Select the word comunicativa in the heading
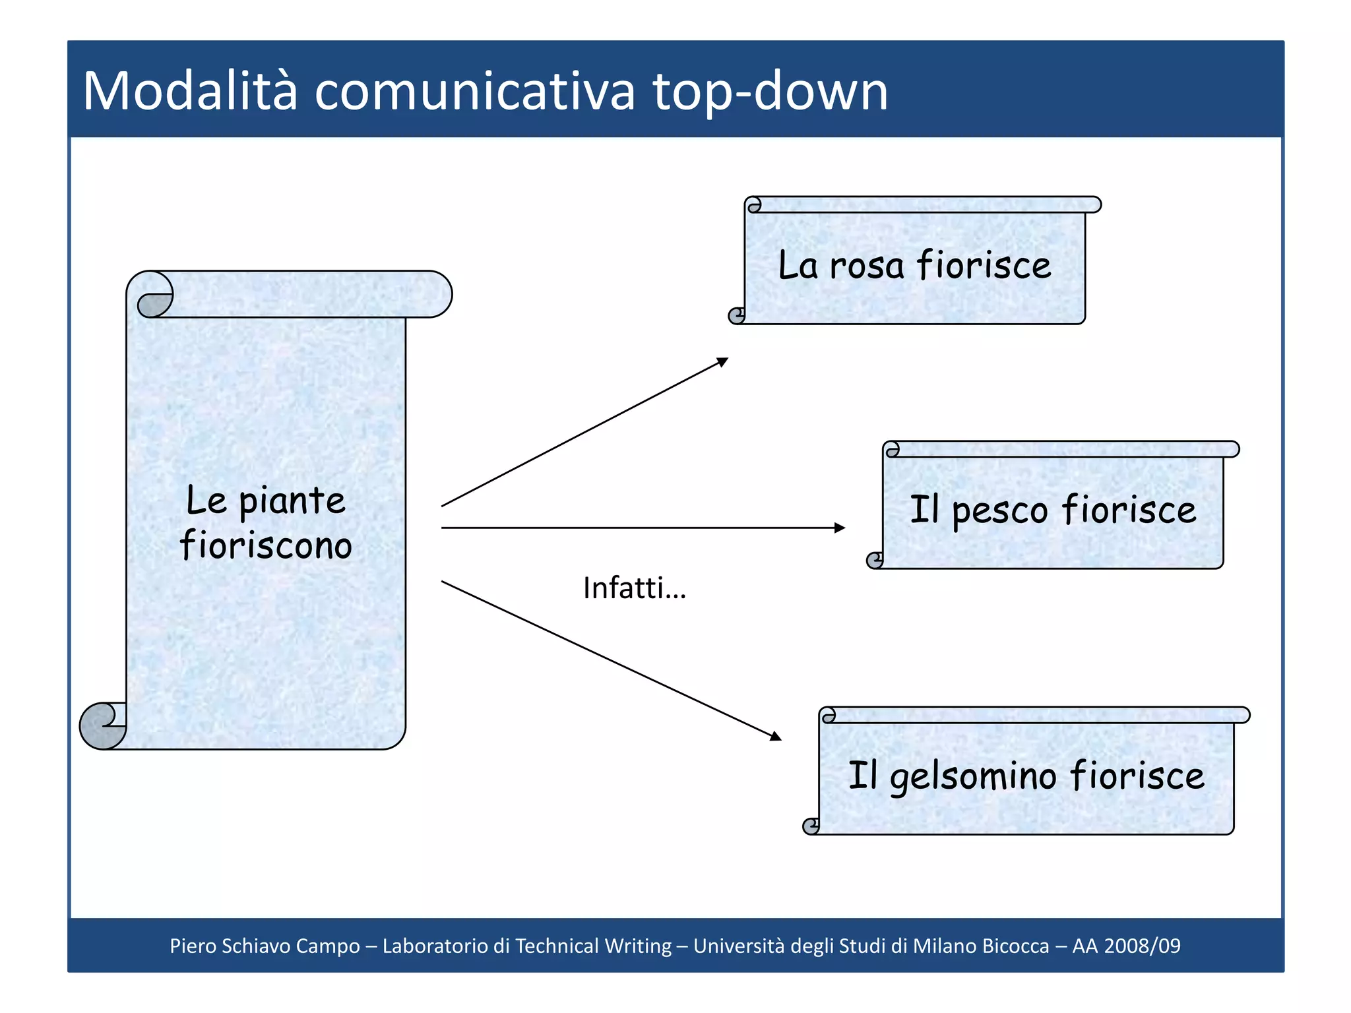[475, 92]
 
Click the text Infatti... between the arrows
[634, 588]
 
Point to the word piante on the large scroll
[292, 502]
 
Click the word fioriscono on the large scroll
[266, 546]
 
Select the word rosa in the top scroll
[866, 266]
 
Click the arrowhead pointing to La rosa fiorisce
[723, 362]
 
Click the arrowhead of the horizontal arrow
[840, 528]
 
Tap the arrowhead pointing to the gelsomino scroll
[776, 736]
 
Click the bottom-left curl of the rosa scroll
[737, 316]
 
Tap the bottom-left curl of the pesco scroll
[875, 561]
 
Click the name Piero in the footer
[193, 946]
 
